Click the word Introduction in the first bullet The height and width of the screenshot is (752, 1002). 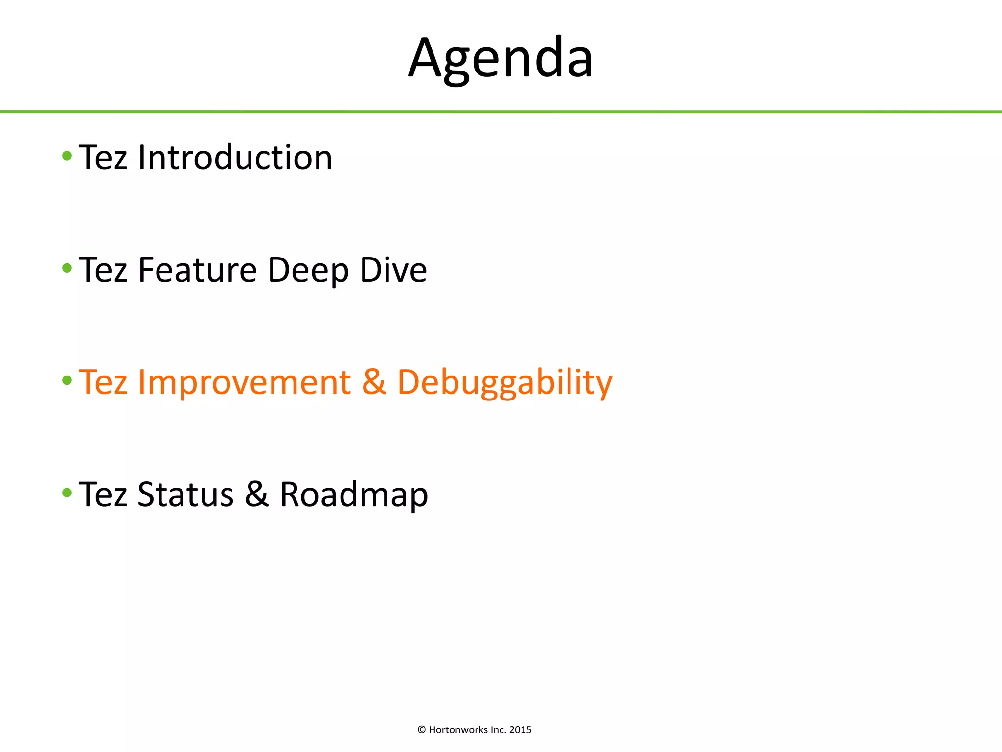tap(235, 158)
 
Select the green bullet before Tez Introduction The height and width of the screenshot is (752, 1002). tap(68, 156)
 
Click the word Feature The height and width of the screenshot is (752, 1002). tap(197, 270)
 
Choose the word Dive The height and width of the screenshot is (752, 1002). tap(393, 270)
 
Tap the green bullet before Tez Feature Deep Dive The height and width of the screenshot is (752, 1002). tap(68, 268)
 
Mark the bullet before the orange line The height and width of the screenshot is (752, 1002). tap(68, 380)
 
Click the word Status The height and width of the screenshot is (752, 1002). tap(185, 494)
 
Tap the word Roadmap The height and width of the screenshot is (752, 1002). tap(354, 495)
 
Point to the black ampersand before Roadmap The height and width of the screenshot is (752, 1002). tap(257, 494)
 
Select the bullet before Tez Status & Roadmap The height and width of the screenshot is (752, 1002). tap(68, 493)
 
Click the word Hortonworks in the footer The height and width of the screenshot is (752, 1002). tap(458, 730)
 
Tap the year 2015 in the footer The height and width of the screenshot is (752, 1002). tap(520, 730)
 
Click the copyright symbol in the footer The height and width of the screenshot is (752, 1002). tap(422, 730)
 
